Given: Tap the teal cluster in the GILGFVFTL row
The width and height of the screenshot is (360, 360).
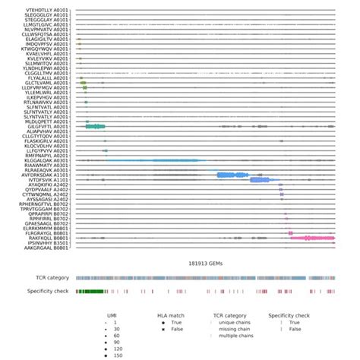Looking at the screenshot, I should pos(95,126).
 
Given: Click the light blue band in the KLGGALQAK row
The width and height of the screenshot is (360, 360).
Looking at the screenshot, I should pos(152,161).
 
